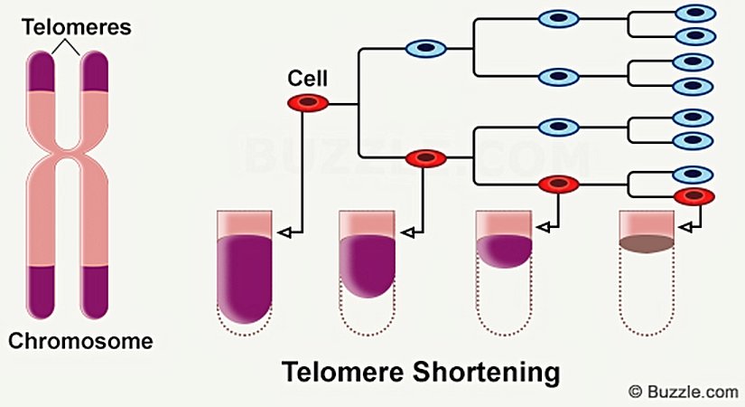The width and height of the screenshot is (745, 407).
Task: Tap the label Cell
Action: (306, 80)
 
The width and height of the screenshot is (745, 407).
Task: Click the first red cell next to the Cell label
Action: (308, 103)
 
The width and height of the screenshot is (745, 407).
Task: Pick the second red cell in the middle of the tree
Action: (425, 158)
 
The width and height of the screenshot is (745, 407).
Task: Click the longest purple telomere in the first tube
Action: (245, 275)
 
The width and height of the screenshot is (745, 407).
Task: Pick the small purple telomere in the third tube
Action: (504, 249)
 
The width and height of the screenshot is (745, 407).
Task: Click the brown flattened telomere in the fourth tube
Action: (646, 241)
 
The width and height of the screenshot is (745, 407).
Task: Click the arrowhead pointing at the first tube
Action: (282, 233)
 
